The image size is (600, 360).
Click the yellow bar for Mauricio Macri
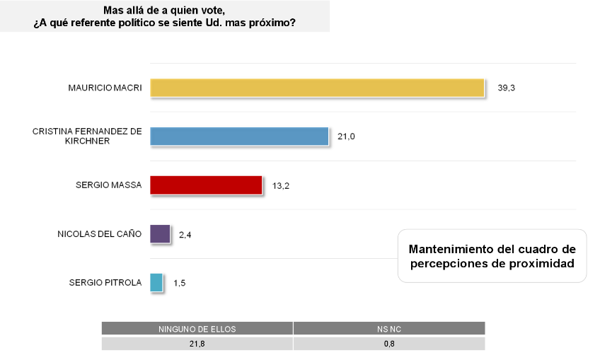[x=317, y=87]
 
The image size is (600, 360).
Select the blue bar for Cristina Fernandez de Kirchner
[x=239, y=136]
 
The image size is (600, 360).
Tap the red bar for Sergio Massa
[x=206, y=185]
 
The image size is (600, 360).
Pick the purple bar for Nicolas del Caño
[x=160, y=233]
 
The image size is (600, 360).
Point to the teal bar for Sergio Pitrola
[x=157, y=282]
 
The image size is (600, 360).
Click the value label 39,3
[x=506, y=88]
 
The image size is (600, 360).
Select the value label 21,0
[x=345, y=137]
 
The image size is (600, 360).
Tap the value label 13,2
[x=282, y=185]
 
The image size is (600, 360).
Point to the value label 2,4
[x=185, y=234]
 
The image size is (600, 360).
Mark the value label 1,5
[x=180, y=283]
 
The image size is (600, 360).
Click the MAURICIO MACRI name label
[x=105, y=88]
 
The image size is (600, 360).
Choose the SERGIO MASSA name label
[x=108, y=185]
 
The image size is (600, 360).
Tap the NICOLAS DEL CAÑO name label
[x=99, y=234]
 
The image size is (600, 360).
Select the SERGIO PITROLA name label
[x=105, y=283]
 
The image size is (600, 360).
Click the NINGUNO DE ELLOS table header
[x=197, y=329]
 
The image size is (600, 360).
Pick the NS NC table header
[x=389, y=329]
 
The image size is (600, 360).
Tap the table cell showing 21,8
[x=197, y=344]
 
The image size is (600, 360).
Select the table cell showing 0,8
[x=389, y=344]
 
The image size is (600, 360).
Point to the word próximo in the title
[x=275, y=23]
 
